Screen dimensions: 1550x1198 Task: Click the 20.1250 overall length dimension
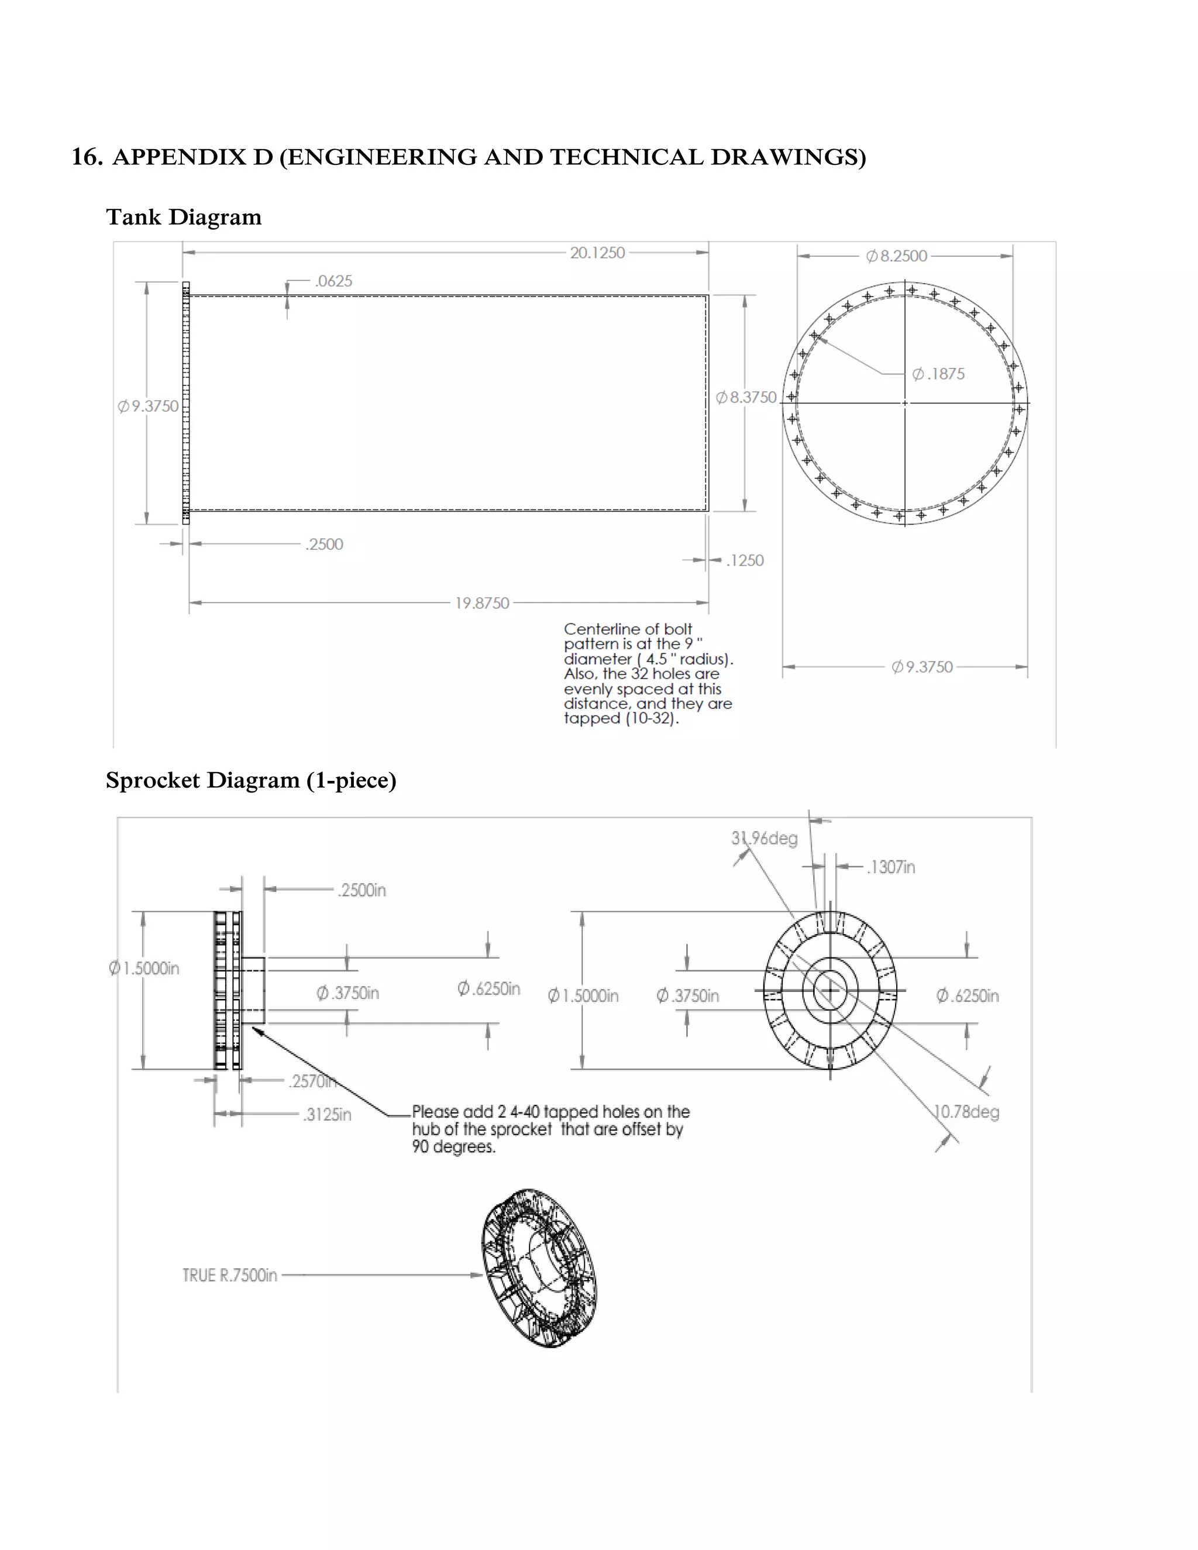(597, 253)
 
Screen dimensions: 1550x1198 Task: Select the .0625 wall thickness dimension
(333, 281)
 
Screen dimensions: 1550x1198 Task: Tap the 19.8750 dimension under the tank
(482, 603)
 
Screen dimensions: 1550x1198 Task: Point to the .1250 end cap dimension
(745, 561)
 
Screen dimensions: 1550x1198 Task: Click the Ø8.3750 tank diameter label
(746, 397)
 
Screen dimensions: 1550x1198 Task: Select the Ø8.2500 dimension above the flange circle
(896, 256)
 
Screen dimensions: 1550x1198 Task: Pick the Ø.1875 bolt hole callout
(938, 374)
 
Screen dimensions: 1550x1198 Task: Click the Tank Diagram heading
(184, 217)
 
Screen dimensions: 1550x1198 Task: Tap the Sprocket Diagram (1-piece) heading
(250, 780)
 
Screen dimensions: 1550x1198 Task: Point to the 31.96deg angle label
(765, 838)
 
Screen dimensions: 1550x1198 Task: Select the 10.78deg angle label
(966, 1111)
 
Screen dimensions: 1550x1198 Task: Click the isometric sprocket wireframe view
(539, 1267)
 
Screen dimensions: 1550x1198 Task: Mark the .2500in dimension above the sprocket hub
(362, 890)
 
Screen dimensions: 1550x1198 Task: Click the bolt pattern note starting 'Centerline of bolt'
(648, 673)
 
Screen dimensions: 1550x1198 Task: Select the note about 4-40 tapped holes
(550, 1128)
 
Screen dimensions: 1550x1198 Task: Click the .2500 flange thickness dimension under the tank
(323, 545)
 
